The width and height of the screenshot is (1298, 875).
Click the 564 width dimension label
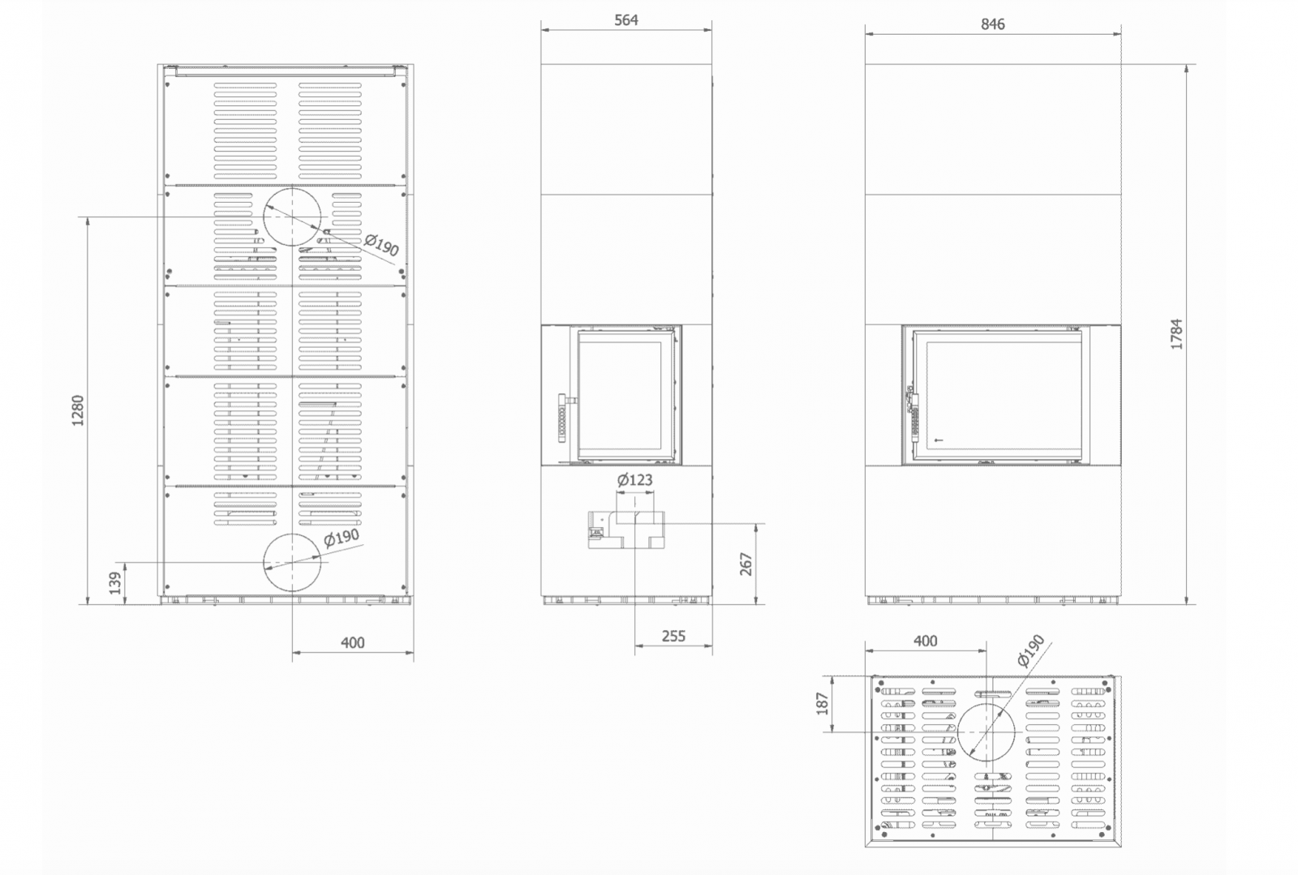625,20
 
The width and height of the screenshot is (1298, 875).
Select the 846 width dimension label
993,24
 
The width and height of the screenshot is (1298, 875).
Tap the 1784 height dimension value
1176,334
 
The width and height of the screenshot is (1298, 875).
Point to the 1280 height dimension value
78,410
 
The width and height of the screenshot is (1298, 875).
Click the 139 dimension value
116,583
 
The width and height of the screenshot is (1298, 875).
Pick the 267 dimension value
746,564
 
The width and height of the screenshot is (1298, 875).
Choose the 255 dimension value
673,637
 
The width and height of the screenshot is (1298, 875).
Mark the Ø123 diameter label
634,479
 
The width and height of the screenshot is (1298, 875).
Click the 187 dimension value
823,704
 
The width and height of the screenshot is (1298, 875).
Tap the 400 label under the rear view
352,643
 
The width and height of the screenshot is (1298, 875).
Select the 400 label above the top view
925,641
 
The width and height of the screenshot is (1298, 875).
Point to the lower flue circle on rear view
292,534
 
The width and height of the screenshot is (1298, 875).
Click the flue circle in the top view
986,705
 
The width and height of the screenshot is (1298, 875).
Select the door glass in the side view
620,395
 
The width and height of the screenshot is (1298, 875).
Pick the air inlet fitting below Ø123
626,530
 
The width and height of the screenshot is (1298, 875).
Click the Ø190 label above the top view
1030,650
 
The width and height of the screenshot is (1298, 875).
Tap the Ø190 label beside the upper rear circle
382,245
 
